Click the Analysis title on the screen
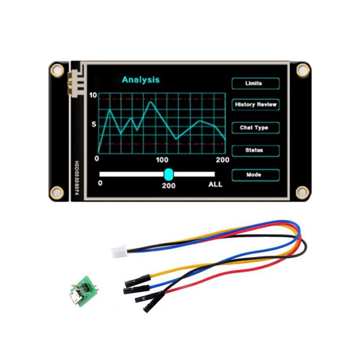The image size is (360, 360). coord(140,80)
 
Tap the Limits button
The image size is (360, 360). coord(255,83)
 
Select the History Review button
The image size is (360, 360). coord(255,104)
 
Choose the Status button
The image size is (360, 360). coord(255,150)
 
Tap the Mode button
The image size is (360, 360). coord(255,175)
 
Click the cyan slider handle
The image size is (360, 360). coord(169,174)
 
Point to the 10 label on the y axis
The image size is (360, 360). coord(93,95)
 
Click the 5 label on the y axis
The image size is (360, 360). coord(94,124)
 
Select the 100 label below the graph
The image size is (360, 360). coord(162,160)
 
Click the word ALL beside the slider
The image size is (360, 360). coord(215,184)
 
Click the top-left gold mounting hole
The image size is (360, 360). coord(57,69)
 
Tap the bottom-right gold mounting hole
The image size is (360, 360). coord(302,193)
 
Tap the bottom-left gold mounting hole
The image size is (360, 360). coord(57,193)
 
